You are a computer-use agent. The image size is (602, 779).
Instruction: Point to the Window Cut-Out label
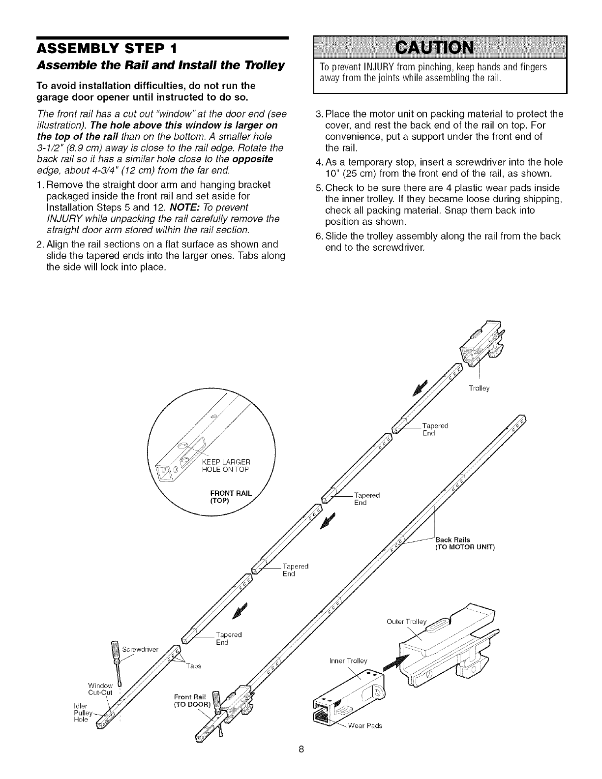[100, 689]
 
